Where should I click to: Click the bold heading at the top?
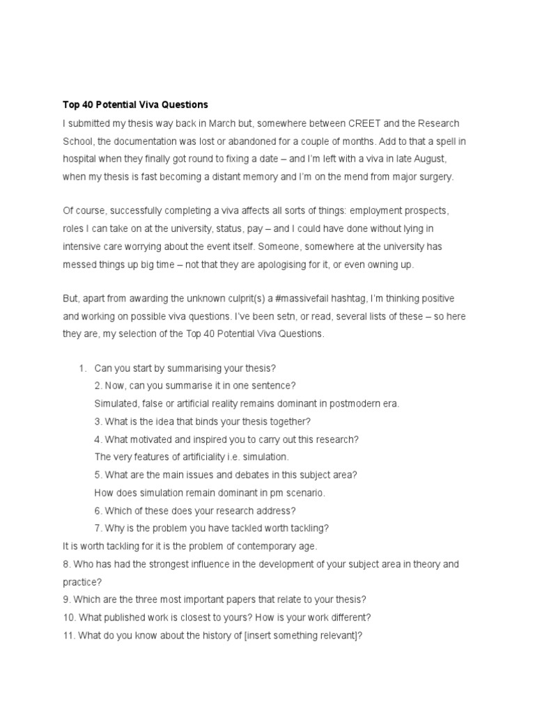pos(135,105)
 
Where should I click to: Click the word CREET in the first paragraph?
pos(363,123)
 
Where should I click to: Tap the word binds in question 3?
pos(220,421)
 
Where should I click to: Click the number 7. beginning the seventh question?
pos(98,528)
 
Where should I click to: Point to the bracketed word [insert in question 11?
pos(258,635)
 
